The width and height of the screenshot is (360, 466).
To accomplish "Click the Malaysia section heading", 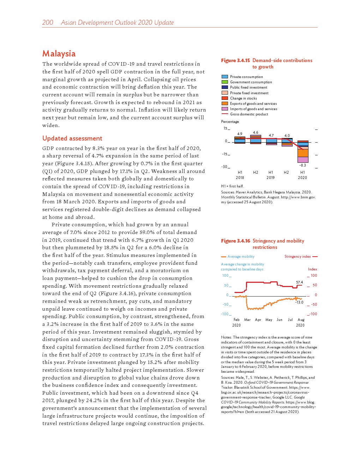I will (x=59, y=54).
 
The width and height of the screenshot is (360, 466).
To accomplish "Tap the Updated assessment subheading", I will (x=72, y=138).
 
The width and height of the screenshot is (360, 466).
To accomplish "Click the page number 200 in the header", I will (x=48, y=23).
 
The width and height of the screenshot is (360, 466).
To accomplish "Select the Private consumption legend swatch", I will (x=224, y=77).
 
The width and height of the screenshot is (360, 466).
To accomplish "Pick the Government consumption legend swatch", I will (x=224, y=82).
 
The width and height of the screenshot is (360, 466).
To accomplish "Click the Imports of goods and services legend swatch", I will (x=224, y=109).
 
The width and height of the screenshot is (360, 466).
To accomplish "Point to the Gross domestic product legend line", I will (x=224, y=114).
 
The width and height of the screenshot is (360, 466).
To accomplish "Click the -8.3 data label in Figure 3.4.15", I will (x=302, y=165).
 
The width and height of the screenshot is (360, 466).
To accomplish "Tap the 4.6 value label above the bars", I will (x=256, y=133).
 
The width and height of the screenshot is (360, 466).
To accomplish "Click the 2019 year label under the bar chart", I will (x=270, y=178).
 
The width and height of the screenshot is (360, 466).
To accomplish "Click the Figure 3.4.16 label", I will (x=235, y=241).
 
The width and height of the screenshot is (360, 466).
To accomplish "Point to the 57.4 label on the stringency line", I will (x=299, y=282).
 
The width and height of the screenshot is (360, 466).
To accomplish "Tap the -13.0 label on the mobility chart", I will (x=299, y=302).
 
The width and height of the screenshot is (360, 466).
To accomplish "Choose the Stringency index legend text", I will (x=298, y=257).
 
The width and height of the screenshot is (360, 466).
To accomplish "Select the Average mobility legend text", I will (x=241, y=257).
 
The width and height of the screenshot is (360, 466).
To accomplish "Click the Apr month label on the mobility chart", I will (x=258, y=320).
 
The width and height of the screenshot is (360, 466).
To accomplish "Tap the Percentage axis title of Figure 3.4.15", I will (x=230, y=121).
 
